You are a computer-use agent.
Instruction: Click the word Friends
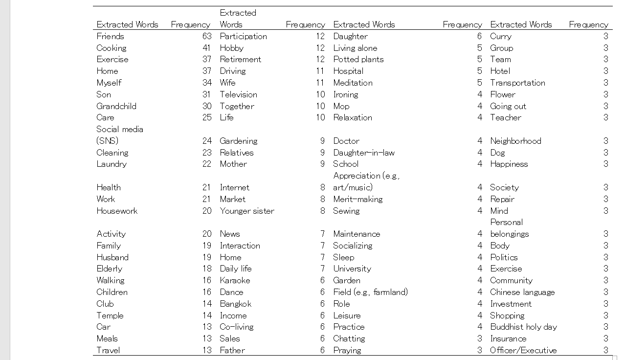[x=110, y=36]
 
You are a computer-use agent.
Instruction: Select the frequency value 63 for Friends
[x=207, y=36]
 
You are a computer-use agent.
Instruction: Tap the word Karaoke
[x=235, y=280]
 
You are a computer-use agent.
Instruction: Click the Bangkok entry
[x=235, y=304]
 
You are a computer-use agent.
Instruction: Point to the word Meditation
[x=353, y=83]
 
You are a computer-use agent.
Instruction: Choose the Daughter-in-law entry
[x=363, y=153]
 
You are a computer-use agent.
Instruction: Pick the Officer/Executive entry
[x=523, y=350]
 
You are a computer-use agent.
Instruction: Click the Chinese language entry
[x=522, y=292]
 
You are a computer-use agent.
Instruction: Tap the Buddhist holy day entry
[x=523, y=327]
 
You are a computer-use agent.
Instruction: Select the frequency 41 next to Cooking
[x=207, y=48]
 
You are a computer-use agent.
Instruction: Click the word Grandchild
[x=116, y=106]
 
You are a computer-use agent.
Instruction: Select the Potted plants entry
[x=358, y=59]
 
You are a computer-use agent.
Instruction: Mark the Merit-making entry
[x=357, y=199]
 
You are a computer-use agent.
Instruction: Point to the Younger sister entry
[x=246, y=211]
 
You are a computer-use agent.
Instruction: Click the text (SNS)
[x=107, y=141]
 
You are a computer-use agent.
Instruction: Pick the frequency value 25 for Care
[x=207, y=117]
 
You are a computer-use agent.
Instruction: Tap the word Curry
[x=501, y=36]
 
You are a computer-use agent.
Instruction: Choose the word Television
[x=238, y=94]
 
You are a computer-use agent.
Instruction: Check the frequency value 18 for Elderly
[x=207, y=269]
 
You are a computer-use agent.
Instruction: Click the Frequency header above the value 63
[x=190, y=24]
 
